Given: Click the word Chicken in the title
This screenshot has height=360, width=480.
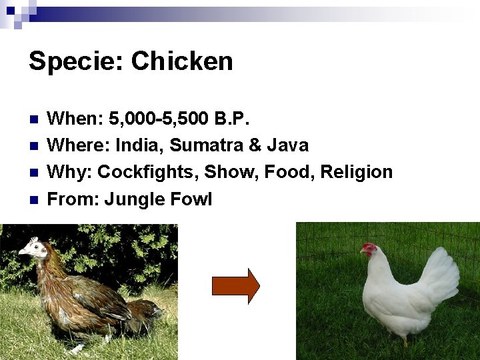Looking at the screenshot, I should pyautogui.click(x=182, y=61).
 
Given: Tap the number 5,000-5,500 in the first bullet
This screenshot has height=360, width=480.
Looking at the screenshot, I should pyautogui.click(x=157, y=119).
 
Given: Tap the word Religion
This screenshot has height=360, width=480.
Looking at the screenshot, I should pyautogui.click(x=357, y=172).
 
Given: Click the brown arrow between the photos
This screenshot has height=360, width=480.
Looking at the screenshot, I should pyautogui.click(x=235, y=286).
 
